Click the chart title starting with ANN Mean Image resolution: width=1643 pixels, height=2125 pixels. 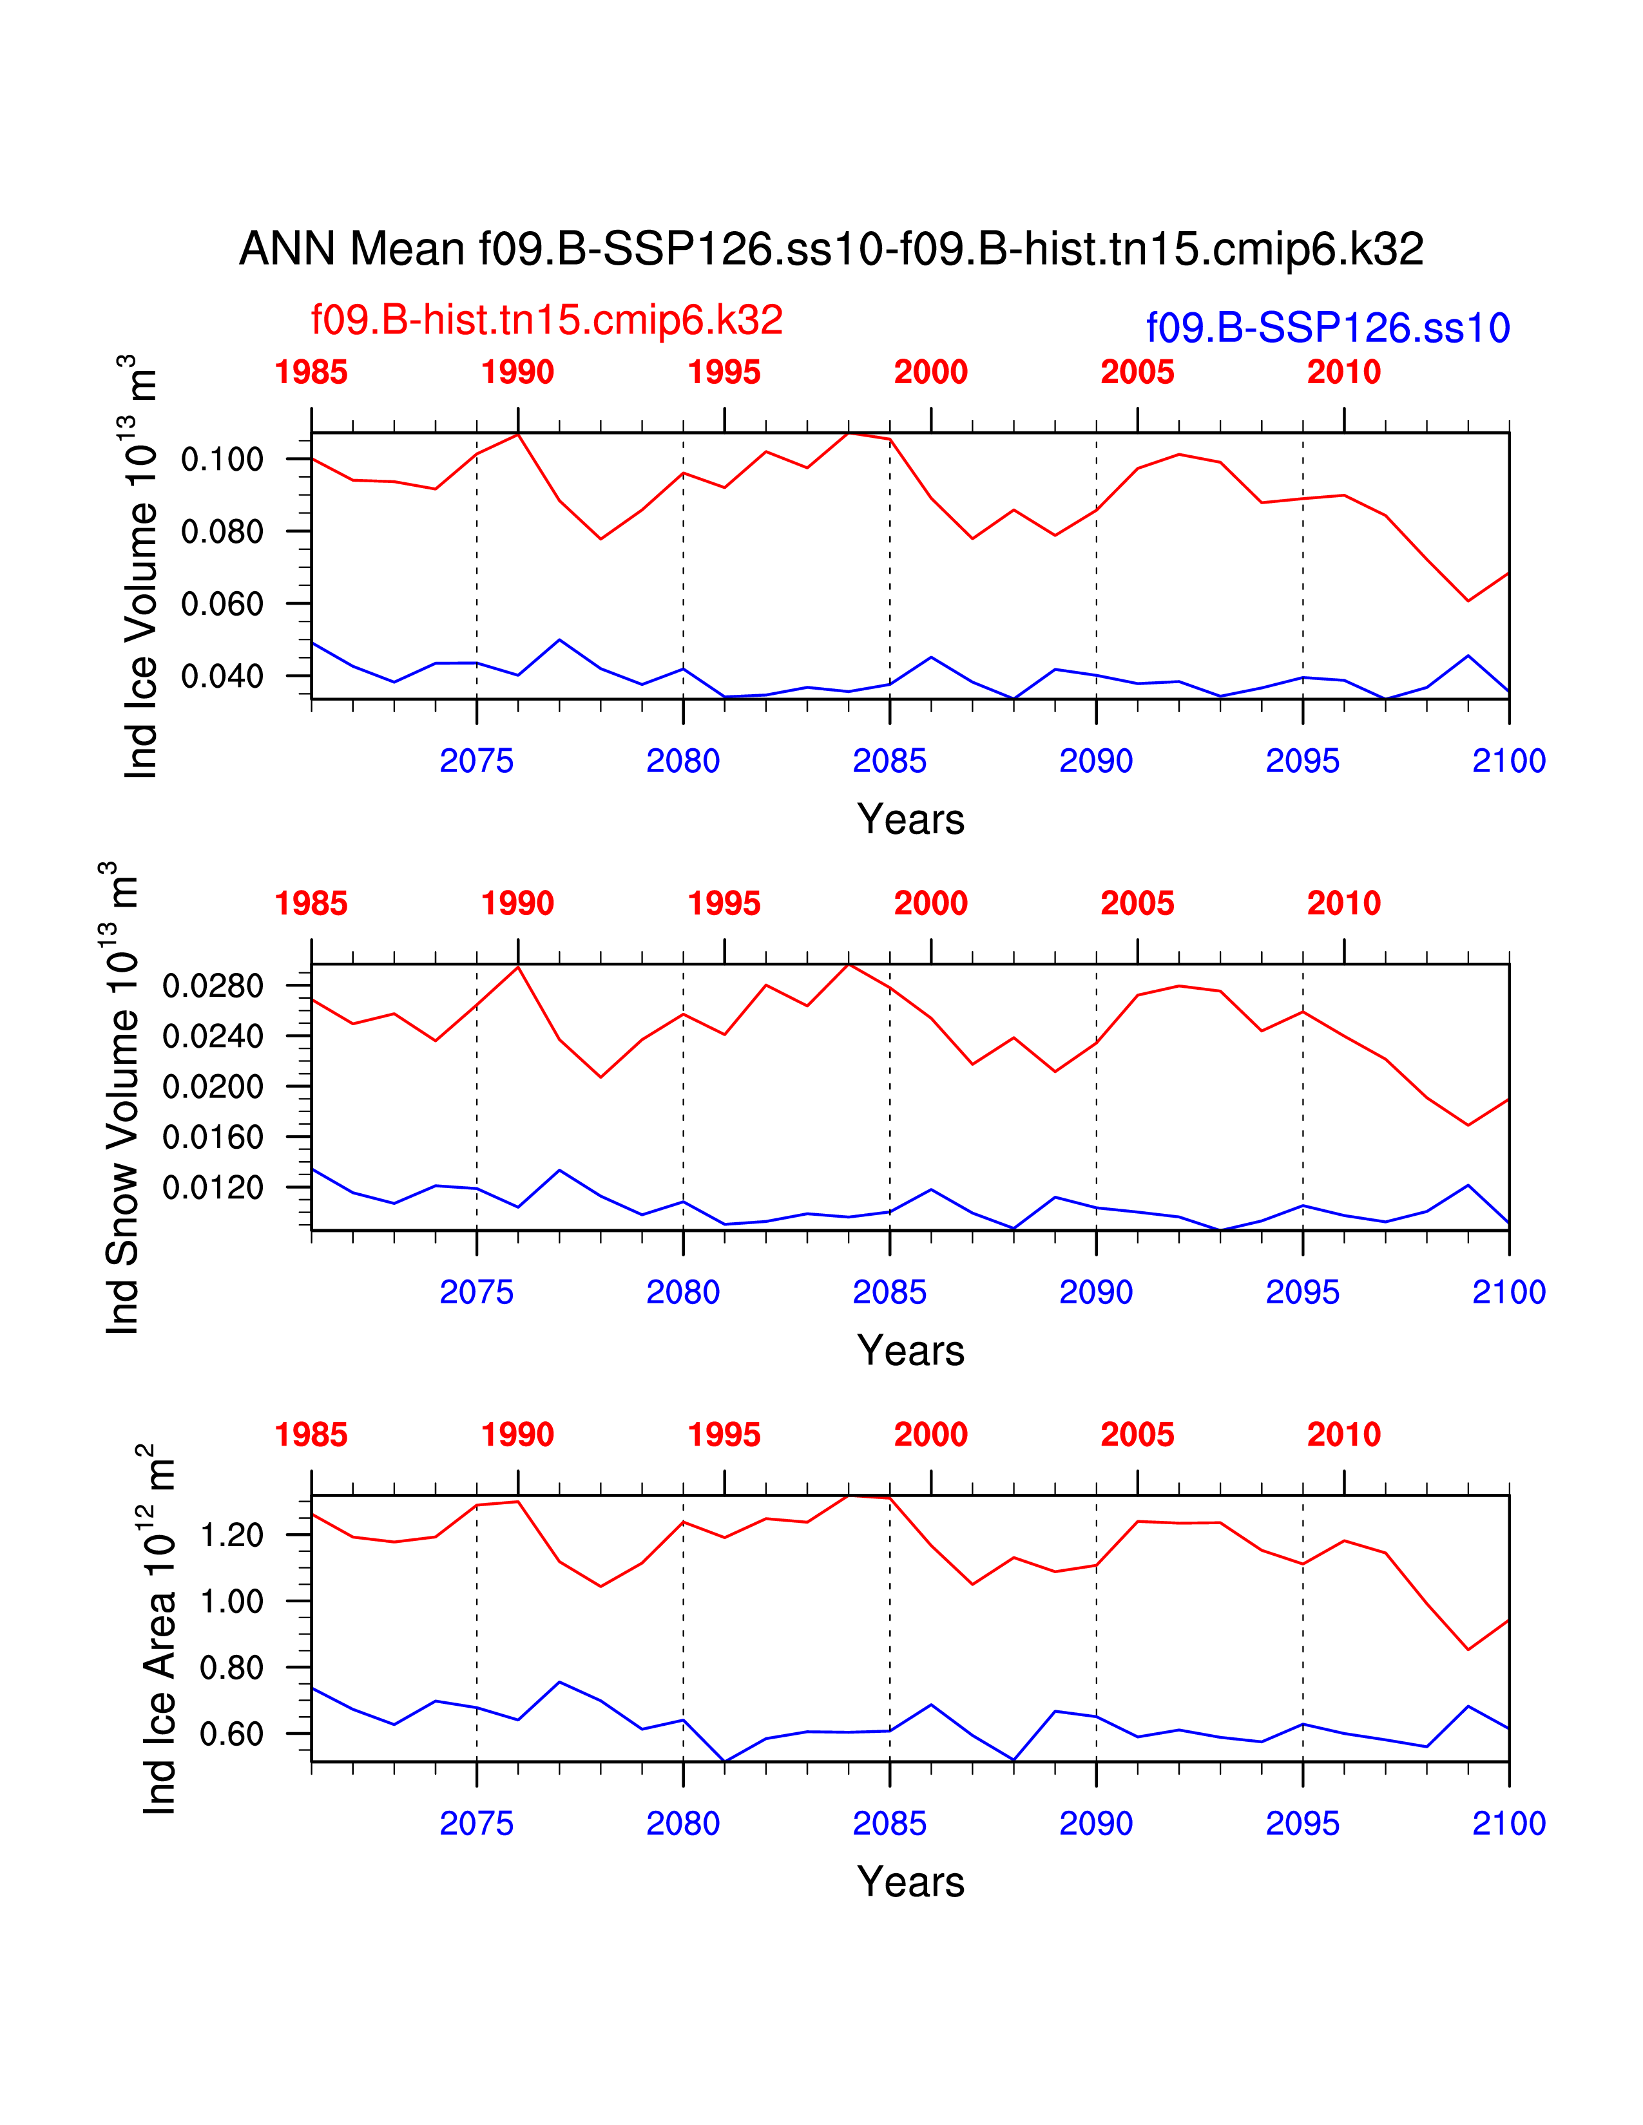coord(831,249)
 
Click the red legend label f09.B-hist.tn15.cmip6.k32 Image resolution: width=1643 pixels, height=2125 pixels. coord(546,320)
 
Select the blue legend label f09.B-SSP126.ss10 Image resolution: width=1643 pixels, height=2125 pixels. coord(1328,328)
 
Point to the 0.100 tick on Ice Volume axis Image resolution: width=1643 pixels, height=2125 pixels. coord(222,459)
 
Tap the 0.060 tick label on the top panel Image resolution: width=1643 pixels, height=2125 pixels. coord(222,604)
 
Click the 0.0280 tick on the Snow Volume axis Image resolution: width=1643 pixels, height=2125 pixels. coord(212,986)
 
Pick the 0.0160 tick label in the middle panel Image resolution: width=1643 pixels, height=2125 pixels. coord(212,1137)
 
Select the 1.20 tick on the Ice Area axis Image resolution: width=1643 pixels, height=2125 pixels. coord(231,1535)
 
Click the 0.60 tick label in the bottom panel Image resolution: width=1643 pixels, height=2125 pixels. coord(231,1734)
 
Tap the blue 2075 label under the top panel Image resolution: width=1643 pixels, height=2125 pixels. coord(476,761)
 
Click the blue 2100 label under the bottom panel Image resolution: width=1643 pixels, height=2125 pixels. coord(1508,1824)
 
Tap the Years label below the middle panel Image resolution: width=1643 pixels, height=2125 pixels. coord(910,1350)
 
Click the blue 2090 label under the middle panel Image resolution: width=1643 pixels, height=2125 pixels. coord(1096,1292)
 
